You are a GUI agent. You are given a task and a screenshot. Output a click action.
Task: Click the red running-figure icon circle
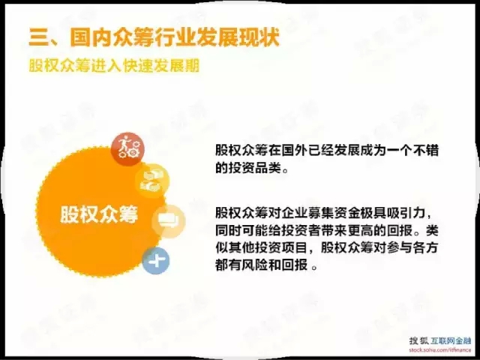[127, 149]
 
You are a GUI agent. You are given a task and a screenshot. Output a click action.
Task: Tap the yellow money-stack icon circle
[152, 181]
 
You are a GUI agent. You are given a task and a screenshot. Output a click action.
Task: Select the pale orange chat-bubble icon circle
[169, 221]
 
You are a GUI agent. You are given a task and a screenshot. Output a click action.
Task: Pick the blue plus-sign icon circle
[156, 260]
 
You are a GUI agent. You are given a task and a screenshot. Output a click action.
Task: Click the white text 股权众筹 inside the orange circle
[99, 214]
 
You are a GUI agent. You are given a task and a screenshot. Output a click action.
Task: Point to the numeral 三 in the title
[39, 38]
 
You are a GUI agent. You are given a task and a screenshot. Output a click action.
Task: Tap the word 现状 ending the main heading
[259, 37]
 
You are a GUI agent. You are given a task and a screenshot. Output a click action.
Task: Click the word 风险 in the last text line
[255, 265]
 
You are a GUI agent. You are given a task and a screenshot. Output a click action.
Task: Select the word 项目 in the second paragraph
[295, 248]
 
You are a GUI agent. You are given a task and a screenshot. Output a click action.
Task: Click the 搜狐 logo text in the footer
[418, 340]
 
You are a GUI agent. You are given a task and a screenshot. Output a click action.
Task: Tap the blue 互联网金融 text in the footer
[451, 340]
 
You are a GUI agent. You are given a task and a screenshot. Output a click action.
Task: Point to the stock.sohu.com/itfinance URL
[440, 349]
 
